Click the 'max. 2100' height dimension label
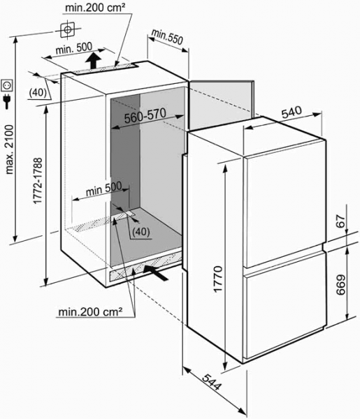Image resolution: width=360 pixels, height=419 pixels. pyautogui.click(x=10, y=149)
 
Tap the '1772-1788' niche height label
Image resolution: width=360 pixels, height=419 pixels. pyautogui.click(x=38, y=181)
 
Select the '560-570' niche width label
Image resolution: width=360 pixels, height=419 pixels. pyautogui.click(x=145, y=116)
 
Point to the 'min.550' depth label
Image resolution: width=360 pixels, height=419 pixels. pyautogui.click(x=168, y=36)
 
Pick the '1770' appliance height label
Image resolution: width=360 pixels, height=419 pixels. pyautogui.click(x=218, y=279)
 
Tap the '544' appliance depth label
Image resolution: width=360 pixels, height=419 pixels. pyautogui.click(x=212, y=383)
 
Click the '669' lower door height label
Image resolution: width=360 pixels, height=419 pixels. pyautogui.click(x=340, y=285)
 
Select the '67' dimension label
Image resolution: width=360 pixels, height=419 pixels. pyautogui.click(x=341, y=221)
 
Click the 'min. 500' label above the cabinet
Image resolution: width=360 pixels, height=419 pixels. pyautogui.click(x=74, y=48)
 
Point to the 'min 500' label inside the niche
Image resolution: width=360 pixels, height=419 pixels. pyautogui.click(x=103, y=189)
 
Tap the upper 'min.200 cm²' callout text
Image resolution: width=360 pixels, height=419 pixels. pyautogui.click(x=95, y=8)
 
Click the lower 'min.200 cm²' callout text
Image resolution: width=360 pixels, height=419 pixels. pyautogui.click(x=90, y=312)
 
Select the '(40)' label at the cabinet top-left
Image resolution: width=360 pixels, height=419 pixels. pyautogui.click(x=38, y=92)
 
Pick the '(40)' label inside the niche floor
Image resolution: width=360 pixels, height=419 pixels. pyautogui.click(x=141, y=232)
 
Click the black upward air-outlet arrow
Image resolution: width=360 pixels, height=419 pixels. pyautogui.click(x=94, y=61)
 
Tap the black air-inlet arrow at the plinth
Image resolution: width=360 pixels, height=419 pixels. pyautogui.click(x=156, y=272)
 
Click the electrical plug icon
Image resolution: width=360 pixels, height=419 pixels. pyautogui.click(x=7, y=102)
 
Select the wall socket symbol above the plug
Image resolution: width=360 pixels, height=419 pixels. pyautogui.click(x=7, y=85)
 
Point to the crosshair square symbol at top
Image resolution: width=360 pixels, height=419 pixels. pyautogui.click(x=67, y=29)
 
